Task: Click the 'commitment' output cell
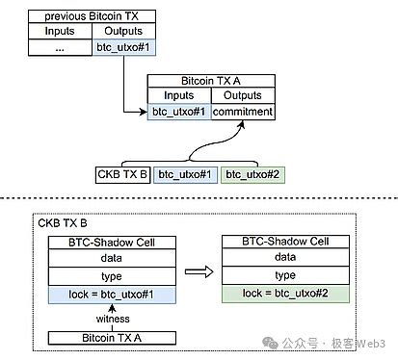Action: (243, 112)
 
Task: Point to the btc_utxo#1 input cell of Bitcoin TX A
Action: (178, 112)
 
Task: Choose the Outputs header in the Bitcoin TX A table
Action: (243, 95)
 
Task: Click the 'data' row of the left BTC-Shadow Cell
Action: (114, 259)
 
